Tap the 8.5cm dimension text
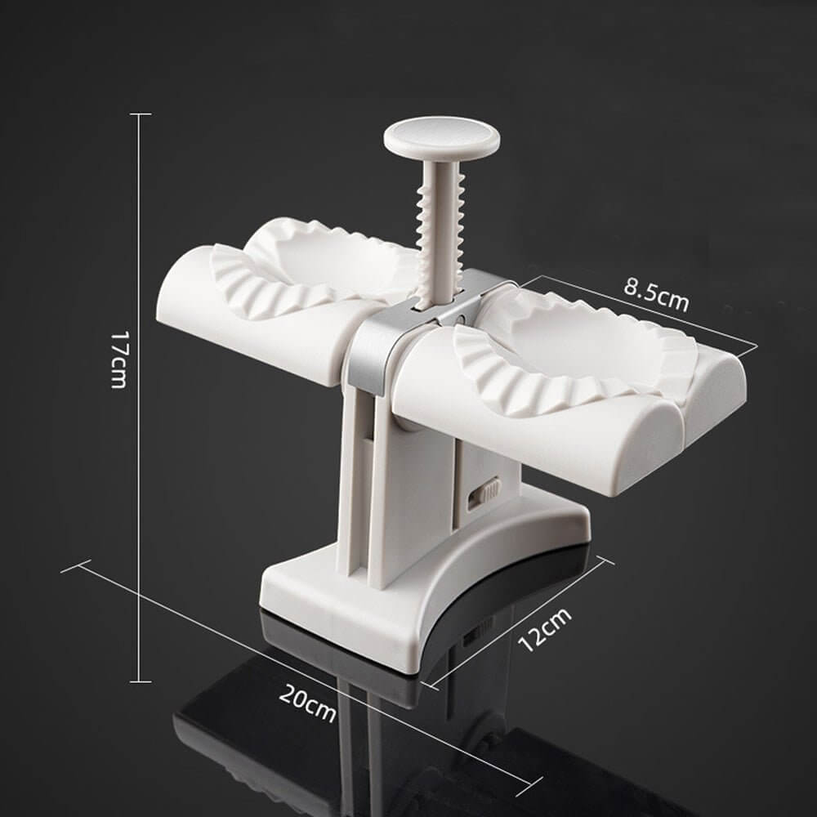click(656, 294)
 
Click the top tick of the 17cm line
click(141, 114)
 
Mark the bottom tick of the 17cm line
click(141, 681)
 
